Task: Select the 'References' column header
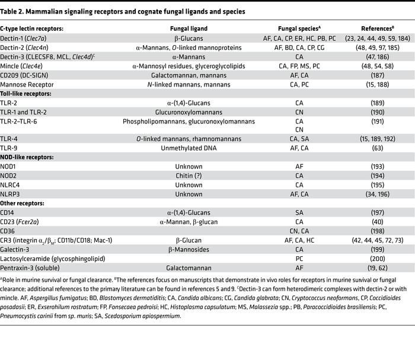377,28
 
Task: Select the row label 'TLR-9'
9,148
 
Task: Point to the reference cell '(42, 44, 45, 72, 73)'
377,240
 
